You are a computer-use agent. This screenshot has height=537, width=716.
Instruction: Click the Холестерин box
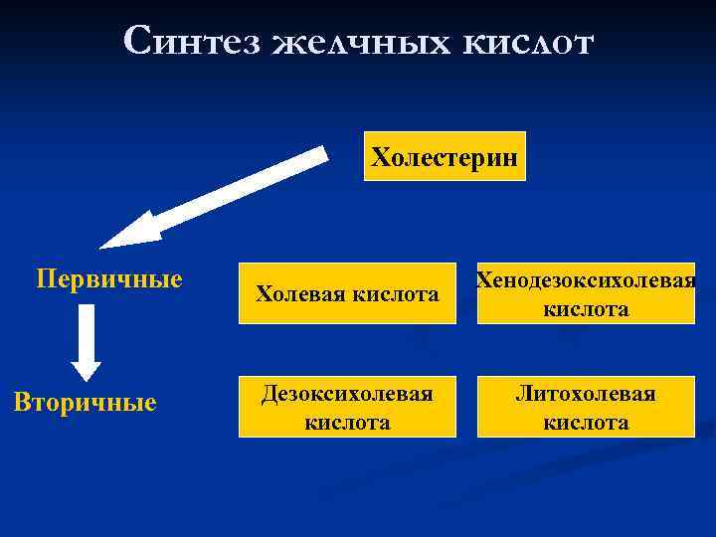click(x=444, y=156)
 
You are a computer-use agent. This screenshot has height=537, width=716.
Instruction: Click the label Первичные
click(x=109, y=278)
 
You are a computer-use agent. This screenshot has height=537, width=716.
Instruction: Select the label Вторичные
click(x=85, y=403)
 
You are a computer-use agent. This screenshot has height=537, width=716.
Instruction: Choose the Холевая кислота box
click(x=347, y=293)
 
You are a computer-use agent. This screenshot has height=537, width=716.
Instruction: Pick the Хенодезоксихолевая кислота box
click(x=586, y=293)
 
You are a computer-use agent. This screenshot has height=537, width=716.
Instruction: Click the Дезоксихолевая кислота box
click(x=347, y=407)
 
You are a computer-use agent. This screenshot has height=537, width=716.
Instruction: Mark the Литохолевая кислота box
click(x=586, y=407)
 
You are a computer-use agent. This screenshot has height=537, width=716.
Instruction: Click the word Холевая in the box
click(x=299, y=294)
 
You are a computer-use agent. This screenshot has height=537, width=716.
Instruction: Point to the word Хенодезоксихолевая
click(x=586, y=280)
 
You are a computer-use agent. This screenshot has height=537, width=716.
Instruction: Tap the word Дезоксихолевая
click(x=347, y=394)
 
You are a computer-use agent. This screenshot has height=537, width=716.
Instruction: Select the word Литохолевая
click(x=586, y=394)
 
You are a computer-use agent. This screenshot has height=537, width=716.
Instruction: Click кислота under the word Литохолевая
click(x=586, y=423)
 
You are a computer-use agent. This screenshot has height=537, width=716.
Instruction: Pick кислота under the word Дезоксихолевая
click(x=347, y=423)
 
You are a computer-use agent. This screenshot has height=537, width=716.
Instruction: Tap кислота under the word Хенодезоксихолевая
click(x=586, y=309)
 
